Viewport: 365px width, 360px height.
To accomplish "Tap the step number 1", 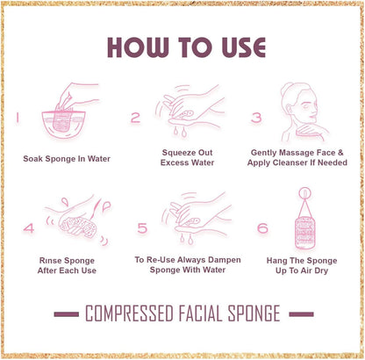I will [x=18, y=116].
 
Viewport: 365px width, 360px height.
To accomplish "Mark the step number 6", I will [x=262, y=228].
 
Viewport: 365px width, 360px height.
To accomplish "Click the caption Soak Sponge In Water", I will [x=67, y=160].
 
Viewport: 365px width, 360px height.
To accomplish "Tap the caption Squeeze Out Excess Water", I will [x=182, y=157].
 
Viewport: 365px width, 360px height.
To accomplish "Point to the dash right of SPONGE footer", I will [x=302, y=313].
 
